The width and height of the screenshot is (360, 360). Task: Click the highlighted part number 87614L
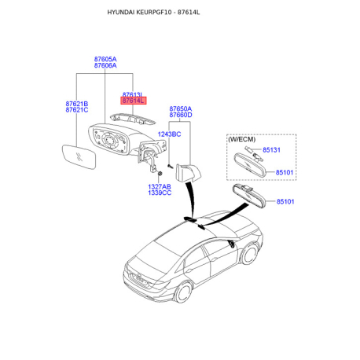pyautogui.click(x=131, y=101)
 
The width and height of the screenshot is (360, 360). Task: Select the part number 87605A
pyautogui.click(x=105, y=59)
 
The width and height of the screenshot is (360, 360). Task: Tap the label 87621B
pyautogui.click(x=76, y=103)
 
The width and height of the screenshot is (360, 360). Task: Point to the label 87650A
pyautogui.click(x=180, y=108)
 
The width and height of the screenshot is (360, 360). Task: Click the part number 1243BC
pyautogui.click(x=169, y=134)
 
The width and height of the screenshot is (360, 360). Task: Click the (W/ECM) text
pyautogui.click(x=242, y=138)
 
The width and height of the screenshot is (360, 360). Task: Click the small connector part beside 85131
pyautogui.click(x=248, y=149)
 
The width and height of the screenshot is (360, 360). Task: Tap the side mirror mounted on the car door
pyautogui.click(x=233, y=245)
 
